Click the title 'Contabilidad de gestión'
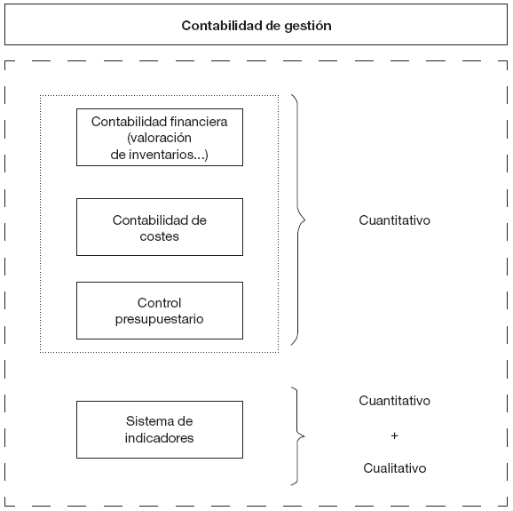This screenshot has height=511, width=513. tap(256, 26)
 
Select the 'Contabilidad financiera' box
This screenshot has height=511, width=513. tap(160, 137)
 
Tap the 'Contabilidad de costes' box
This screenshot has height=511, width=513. tap(160, 228)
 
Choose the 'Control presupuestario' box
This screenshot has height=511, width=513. tap(160, 310)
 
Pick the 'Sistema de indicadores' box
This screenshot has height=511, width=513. tap(160, 429)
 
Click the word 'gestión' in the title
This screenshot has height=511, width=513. tap(307, 26)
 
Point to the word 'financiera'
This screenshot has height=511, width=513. tap(195, 122)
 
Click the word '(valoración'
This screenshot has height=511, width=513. tap(160, 138)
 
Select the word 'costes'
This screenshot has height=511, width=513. tap(160, 236)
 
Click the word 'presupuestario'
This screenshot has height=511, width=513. tap(160, 319)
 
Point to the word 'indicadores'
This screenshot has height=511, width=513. tap(160, 437)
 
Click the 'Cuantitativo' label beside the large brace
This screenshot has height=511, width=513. tap(395, 220)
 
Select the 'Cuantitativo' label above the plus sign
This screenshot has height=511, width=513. tap(395, 401)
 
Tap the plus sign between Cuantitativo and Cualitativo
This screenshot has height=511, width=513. tap(395, 435)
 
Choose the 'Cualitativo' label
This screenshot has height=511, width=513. tap(395, 467)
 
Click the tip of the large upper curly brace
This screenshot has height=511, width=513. tap(304, 219)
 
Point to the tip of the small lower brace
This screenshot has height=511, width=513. tap(304, 435)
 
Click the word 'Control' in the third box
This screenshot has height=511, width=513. tap(160, 303)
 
